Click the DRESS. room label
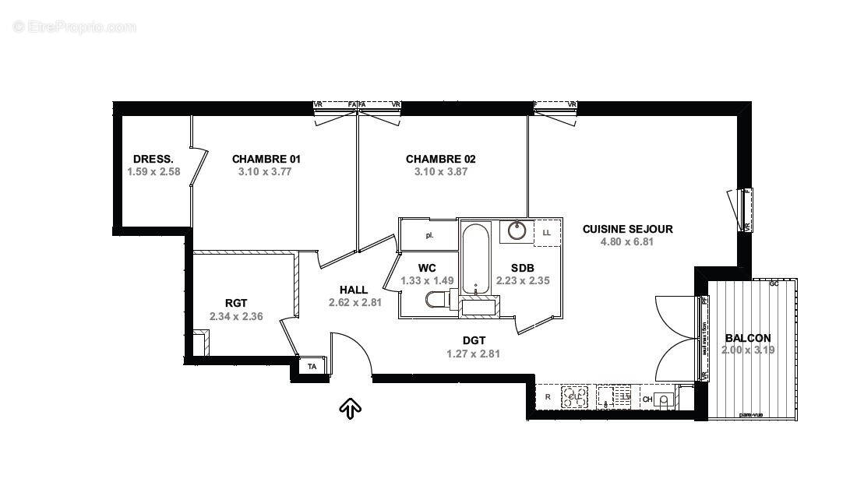coord(153,159)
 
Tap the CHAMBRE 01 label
coord(266,159)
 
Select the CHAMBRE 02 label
coord(440,159)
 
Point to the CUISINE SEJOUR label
coord(627,229)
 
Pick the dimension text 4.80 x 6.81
coord(626,242)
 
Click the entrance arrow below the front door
coord(350,407)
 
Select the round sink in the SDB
coord(517,230)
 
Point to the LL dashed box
coord(547,232)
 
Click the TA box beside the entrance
coord(312,366)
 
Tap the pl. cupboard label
coord(428,234)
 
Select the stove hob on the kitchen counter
coord(575,396)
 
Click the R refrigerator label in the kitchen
coord(548,397)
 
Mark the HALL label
coord(354,290)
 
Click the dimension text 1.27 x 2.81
coord(473,354)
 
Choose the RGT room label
coord(235,304)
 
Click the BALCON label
coord(748,338)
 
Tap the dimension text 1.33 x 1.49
coord(426,281)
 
